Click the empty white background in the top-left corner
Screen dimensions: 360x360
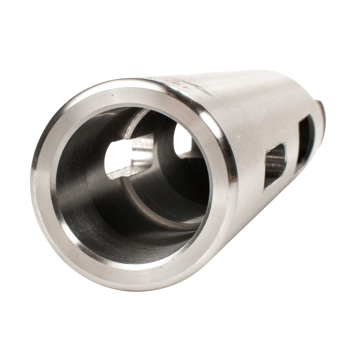click(22, 22)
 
